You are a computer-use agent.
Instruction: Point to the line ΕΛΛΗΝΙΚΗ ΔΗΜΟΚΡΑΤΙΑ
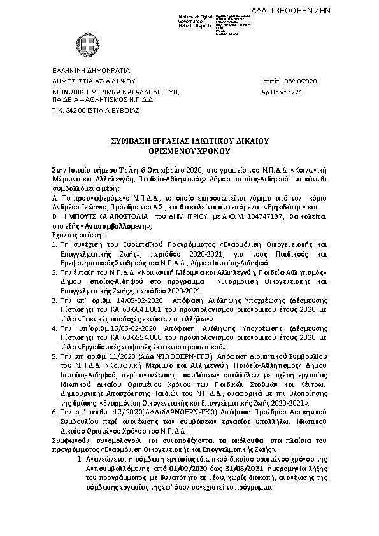click(90, 70)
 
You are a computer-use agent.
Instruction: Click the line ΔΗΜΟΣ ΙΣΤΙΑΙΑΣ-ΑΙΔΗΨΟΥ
click(94, 81)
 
